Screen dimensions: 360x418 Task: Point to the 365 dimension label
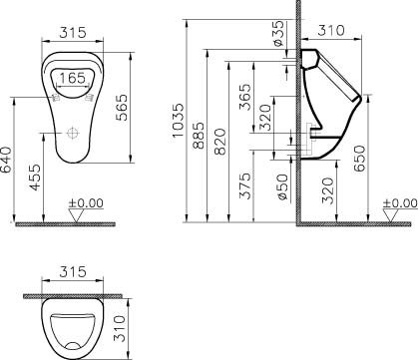coord(245,96)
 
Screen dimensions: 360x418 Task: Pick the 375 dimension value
coord(245,184)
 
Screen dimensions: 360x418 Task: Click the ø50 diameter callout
coord(282,183)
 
